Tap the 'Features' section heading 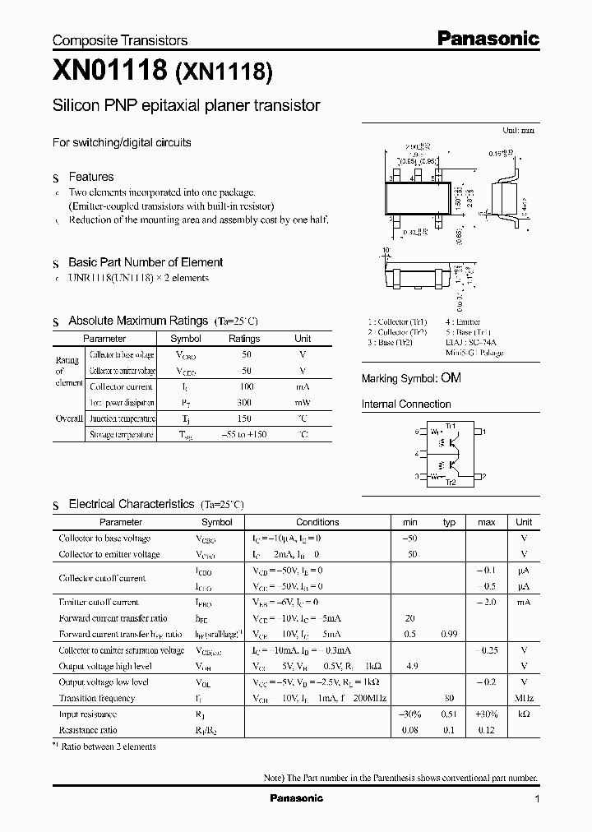pyautogui.click(x=90, y=177)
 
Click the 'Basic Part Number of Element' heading pyautogui.click(x=145, y=262)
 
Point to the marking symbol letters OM pyautogui.click(x=451, y=378)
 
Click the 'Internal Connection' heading pyautogui.click(x=406, y=404)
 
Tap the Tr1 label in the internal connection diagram pyautogui.click(x=450, y=425)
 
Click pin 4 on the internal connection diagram pyautogui.click(x=418, y=454)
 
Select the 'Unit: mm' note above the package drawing pyautogui.click(x=518, y=130)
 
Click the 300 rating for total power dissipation pyautogui.click(x=243, y=403)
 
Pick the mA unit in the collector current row pyautogui.click(x=303, y=386)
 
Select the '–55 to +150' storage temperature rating pyautogui.click(x=243, y=434)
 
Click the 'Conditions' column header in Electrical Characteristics pyautogui.click(x=317, y=522)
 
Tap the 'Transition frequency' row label pyautogui.click(x=96, y=698)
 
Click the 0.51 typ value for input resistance pyautogui.click(x=449, y=714)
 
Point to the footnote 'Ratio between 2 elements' pyautogui.click(x=109, y=746)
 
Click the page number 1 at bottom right pyautogui.click(x=537, y=798)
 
